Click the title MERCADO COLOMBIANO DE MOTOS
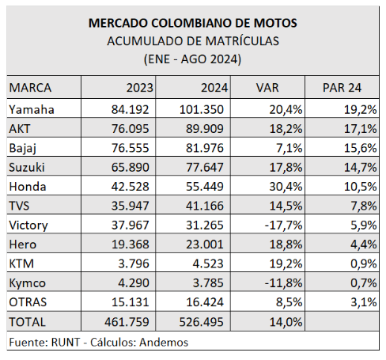point(193,23)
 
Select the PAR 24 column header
point(342,88)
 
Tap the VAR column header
point(267,88)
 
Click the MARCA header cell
point(30,88)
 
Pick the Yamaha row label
point(32,109)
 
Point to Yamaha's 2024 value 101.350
point(202,109)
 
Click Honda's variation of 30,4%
point(286,187)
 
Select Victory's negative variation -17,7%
point(284,225)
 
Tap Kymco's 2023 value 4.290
point(134,282)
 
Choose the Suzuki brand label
point(27,167)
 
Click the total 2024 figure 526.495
point(202,322)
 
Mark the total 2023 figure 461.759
point(127,322)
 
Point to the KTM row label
point(21,263)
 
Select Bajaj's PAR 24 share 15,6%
point(361,148)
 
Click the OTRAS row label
point(28,302)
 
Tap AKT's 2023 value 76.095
point(131,129)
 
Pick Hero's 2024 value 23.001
point(205,244)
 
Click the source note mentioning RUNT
point(99,343)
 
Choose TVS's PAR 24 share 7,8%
point(364,206)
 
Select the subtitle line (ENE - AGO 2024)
point(192,59)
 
